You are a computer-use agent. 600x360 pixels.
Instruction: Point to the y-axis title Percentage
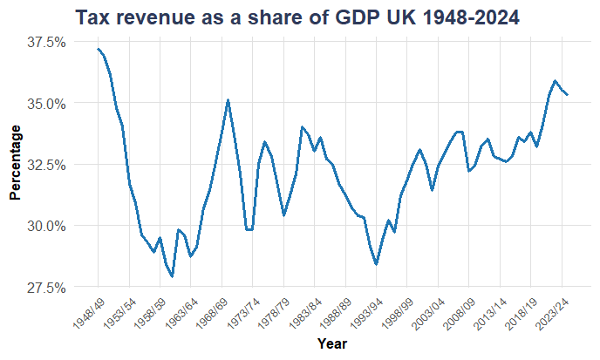(15, 162)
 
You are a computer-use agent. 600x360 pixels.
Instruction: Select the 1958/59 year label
(150, 313)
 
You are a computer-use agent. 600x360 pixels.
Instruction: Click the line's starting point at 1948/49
(98, 49)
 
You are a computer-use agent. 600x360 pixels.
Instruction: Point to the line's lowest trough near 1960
(172, 276)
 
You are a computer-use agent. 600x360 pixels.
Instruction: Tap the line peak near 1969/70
(228, 99)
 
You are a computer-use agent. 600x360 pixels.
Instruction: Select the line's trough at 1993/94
(376, 264)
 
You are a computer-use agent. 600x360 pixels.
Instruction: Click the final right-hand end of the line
(568, 94)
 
